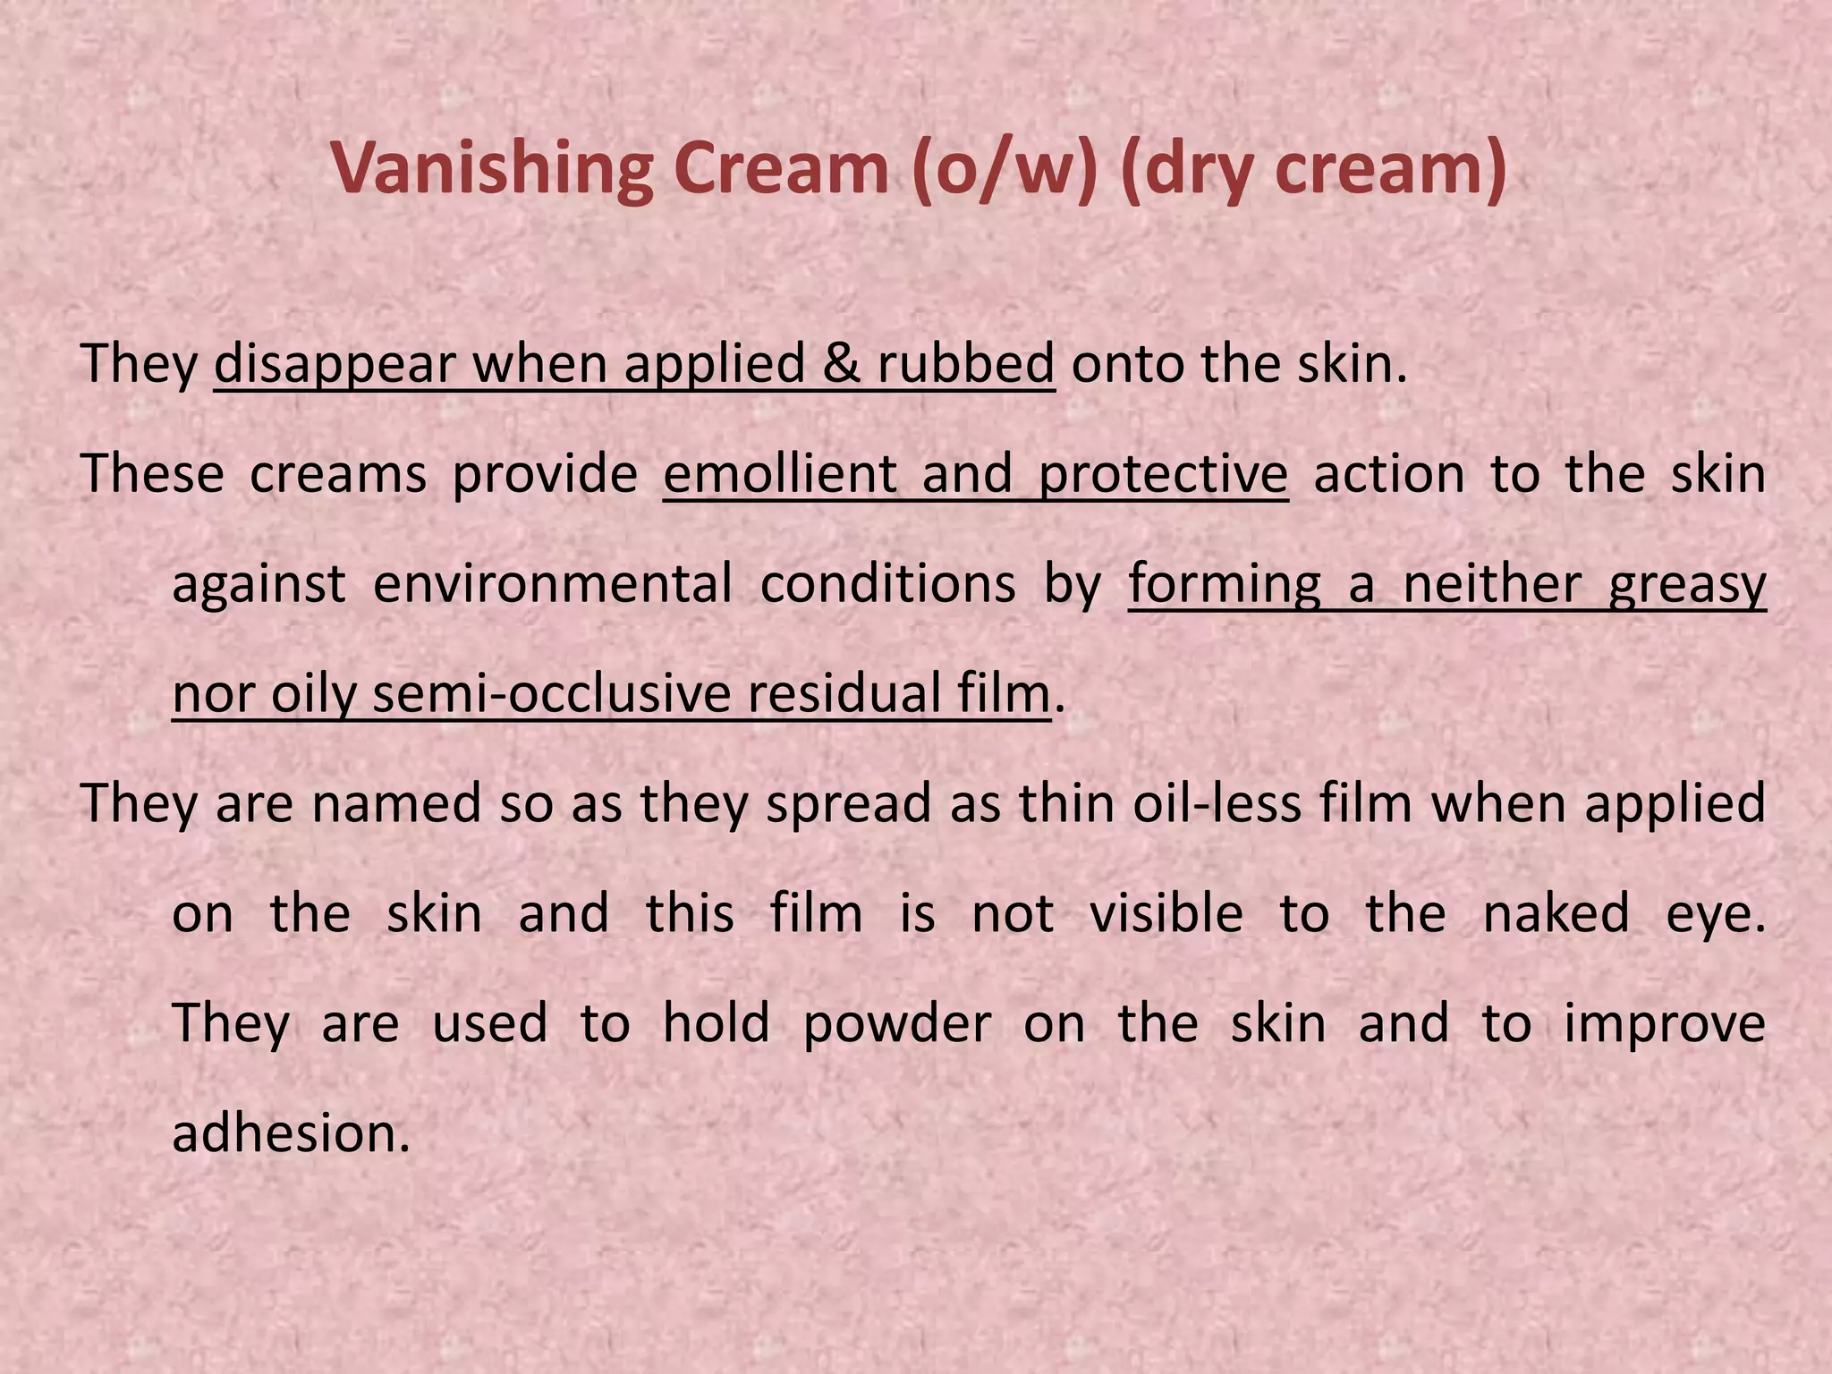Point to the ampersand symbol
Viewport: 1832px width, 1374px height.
(841, 364)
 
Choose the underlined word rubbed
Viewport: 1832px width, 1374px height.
(965, 364)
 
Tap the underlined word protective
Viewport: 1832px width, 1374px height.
(1163, 474)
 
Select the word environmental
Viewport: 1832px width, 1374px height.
(553, 584)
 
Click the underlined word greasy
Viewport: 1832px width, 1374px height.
(1687, 584)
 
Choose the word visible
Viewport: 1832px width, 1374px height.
(1166, 914)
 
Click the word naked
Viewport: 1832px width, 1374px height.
(1556, 914)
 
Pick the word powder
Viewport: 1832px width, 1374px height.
(897, 1023)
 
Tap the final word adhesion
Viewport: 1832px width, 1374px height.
(291, 1133)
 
